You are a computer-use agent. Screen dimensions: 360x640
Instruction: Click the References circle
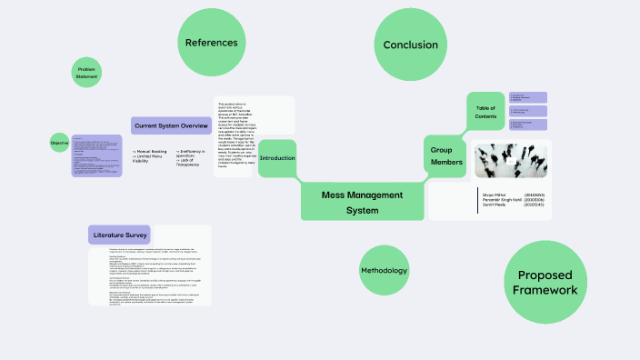[x=211, y=43]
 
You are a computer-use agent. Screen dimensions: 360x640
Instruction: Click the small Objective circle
[x=59, y=143]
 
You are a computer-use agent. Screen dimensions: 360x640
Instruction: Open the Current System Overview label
[x=170, y=126]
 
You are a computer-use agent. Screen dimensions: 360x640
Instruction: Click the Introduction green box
[x=277, y=158]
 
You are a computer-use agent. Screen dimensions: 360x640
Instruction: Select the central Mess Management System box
[x=362, y=202]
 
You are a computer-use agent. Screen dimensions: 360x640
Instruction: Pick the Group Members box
[x=447, y=155]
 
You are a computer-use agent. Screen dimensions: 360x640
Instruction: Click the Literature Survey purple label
[x=118, y=235]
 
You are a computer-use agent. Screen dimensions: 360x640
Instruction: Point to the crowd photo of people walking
[x=511, y=161]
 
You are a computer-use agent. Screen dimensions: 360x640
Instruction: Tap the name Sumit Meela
[x=496, y=205]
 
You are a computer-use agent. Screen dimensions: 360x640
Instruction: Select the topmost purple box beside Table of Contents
[x=527, y=97]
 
